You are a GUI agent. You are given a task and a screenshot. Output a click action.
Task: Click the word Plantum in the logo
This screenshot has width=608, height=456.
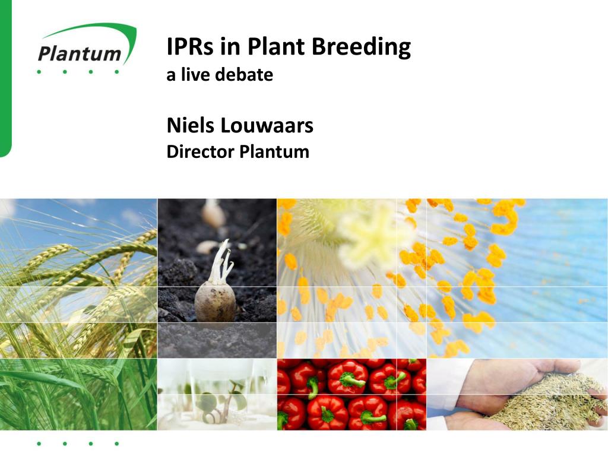(79, 53)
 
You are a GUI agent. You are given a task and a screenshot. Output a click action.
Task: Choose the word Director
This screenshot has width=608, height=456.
(200, 152)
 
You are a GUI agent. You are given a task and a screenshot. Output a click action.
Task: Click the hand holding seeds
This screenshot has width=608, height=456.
(522, 386)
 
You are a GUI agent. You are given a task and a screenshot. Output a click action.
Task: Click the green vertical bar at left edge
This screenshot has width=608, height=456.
(5, 77)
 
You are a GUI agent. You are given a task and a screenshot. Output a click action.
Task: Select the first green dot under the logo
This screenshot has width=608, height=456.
(39, 72)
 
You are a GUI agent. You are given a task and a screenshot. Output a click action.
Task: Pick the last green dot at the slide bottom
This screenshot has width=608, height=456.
(117, 444)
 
